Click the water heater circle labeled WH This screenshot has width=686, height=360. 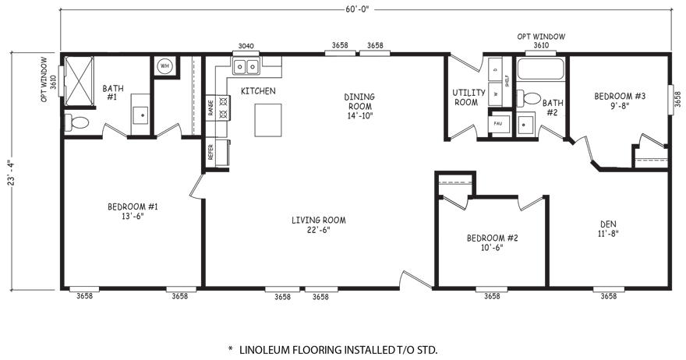pos(164,66)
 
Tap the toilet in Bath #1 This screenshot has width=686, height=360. pos(77,121)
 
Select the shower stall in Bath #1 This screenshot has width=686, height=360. pos(80,81)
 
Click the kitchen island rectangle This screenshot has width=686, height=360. pos(268,120)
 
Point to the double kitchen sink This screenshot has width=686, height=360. pos(246,66)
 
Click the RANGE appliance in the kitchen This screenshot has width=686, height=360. pos(217,108)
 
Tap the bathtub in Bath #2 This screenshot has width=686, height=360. pos(540,69)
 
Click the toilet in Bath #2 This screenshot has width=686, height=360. pos(529,98)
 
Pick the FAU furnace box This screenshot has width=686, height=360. pos(498,123)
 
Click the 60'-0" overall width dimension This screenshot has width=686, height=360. pos(357,9)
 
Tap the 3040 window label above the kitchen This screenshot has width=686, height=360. pos(246,46)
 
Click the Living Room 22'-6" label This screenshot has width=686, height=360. pos(319,225)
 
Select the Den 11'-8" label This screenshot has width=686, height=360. pos(608,229)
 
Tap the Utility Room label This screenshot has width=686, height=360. pos(469,97)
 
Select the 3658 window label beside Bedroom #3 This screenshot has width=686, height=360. pos(677,99)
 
